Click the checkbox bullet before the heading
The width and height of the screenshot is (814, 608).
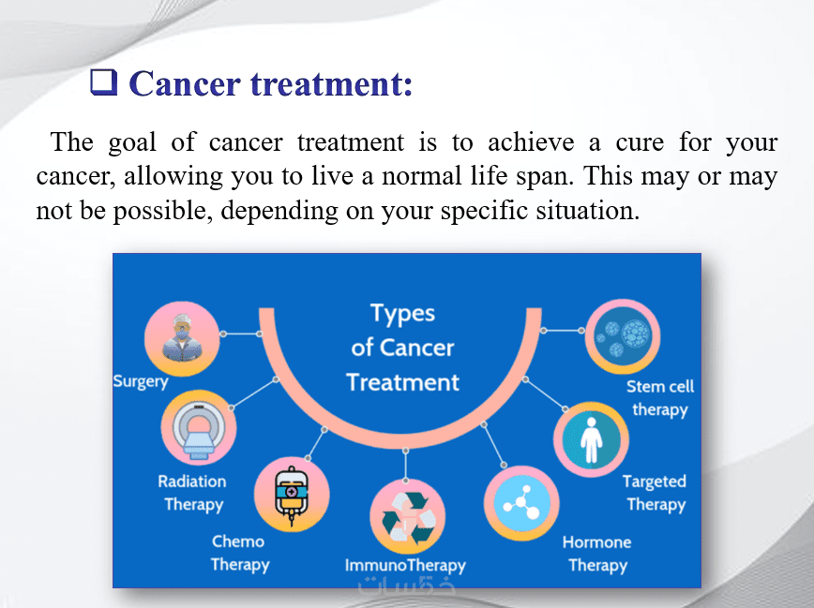(x=104, y=82)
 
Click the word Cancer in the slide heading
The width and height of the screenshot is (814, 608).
(x=185, y=83)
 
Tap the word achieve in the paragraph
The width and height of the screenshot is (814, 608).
(x=531, y=142)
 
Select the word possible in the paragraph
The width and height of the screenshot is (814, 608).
(x=163, y=212)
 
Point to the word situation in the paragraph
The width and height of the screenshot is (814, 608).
(x=587, y=211)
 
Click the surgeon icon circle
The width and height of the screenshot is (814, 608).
(x=182, y=338)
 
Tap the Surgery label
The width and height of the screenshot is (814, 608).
(x=141, y=382)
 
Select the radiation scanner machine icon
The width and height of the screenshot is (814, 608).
(x=198, y=427)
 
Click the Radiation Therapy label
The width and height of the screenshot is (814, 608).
(x=192, y=493)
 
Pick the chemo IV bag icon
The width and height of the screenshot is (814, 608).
(x=292, y=494)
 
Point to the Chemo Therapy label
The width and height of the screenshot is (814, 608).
(x=239, y=553)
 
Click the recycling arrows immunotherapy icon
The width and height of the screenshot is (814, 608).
(x=408, y=517)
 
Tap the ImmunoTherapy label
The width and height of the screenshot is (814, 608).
(x=405, y=566)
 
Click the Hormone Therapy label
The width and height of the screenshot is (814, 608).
(x=597, y=554)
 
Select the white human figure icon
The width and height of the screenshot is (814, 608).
(x=591, y=439)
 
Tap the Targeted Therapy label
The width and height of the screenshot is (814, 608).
(x=656, y=493)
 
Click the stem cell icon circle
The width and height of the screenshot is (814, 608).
(x=623, y=336)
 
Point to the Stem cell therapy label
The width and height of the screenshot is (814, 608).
(x=660, y=398)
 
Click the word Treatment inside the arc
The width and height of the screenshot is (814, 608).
(x=403, y=382)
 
